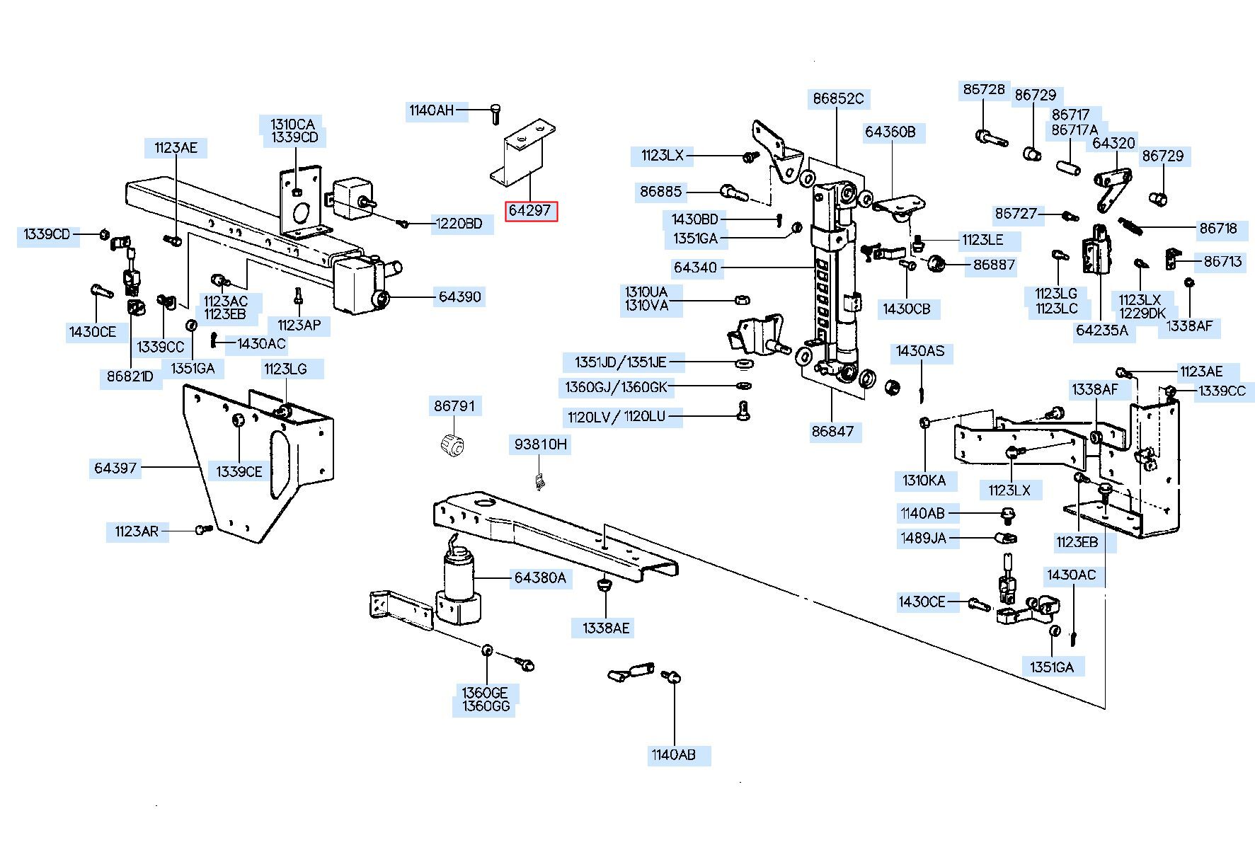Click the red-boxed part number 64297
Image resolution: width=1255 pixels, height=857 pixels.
530,211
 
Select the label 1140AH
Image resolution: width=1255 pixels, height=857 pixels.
431,110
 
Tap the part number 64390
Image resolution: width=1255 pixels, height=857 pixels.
459,297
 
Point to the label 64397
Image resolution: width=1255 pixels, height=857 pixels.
115,468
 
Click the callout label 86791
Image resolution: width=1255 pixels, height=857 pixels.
454,406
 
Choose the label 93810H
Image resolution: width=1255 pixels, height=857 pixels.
540,444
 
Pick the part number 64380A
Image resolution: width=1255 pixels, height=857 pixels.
540,577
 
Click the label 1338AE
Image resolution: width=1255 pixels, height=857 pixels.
606,628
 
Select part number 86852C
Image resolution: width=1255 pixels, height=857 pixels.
838,98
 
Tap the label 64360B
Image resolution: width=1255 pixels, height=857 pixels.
890,132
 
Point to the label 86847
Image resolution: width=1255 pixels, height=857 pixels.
832,431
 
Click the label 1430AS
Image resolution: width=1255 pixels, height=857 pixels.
920,351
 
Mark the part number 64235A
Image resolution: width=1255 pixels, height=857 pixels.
1101,330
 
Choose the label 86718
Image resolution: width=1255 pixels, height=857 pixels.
1218,229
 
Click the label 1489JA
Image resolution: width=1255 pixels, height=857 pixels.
923,538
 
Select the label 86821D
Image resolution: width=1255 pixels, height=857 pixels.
130,376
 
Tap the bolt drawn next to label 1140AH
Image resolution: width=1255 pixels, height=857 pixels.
495,113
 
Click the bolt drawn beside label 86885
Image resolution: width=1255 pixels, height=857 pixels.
733,191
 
